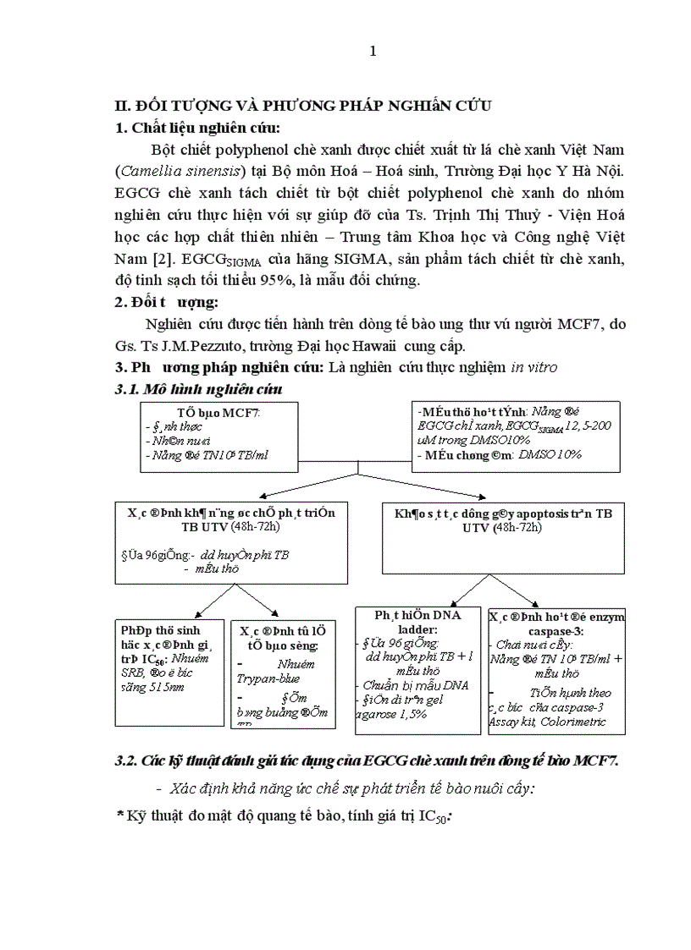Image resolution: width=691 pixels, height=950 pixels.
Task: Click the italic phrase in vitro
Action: (x=533, y=368)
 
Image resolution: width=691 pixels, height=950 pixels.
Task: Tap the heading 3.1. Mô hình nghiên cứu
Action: (x=198, y=389)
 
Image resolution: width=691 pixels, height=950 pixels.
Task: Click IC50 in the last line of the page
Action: (x=433, y=818)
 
